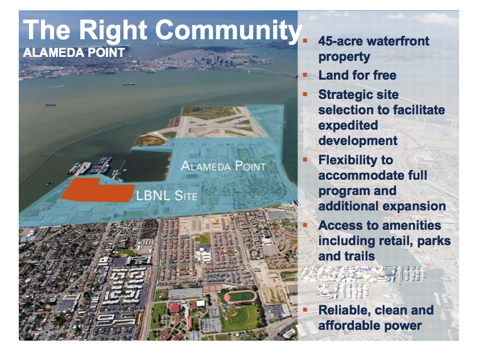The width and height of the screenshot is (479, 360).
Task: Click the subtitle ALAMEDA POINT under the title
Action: click(x=74, y=52)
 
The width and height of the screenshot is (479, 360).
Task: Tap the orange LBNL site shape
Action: click(x=97, y=190)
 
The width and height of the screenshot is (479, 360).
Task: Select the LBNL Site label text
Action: click(x=167, y=196)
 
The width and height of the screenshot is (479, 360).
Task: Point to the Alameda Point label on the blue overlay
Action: click(x=224, y=166)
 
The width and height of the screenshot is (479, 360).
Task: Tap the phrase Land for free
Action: click(x=357, y=75)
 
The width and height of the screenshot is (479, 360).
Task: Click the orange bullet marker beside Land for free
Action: click(x=305, y=75)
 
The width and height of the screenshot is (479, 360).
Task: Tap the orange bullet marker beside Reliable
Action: click(x=305, y=309)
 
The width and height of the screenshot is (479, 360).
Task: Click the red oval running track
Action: click(x=241, y=296)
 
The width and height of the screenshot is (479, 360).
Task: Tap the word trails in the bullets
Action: click(x=357, y=256)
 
